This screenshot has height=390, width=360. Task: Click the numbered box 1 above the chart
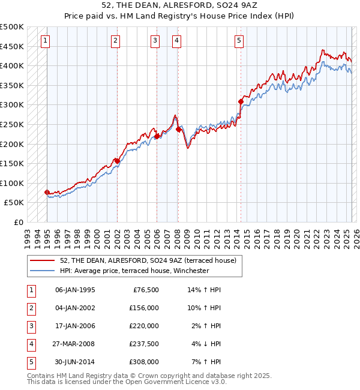[46, 41]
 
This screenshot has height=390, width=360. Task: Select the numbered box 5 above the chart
[239, 41]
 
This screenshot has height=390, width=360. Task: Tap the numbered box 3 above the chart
[155, 41]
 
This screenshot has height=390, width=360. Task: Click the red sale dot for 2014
[241, 102]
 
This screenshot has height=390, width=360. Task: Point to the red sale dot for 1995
[47, 192]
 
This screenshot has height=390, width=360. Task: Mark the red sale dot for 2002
[117, 161]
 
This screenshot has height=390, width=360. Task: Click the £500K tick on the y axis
[12, 27]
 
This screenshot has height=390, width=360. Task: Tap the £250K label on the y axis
[12, 124]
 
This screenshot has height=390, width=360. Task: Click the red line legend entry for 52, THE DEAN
[149, 260]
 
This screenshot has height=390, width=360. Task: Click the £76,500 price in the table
[144, 290]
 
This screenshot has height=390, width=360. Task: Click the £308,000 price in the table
[144, 362]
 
